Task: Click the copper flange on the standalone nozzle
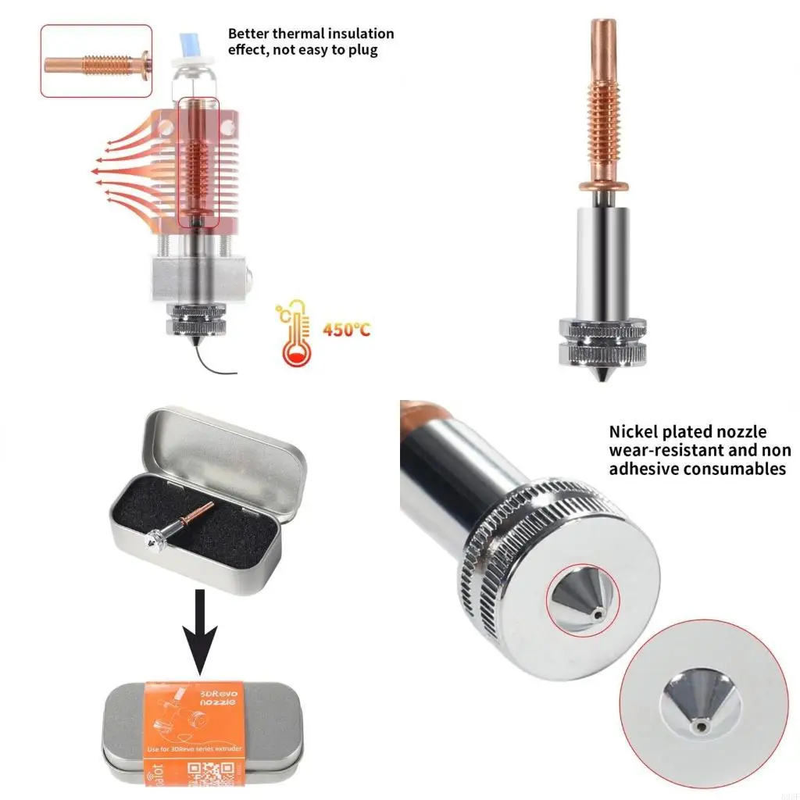click(x=604, y=186)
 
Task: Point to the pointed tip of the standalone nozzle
click(x=603, y=377)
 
